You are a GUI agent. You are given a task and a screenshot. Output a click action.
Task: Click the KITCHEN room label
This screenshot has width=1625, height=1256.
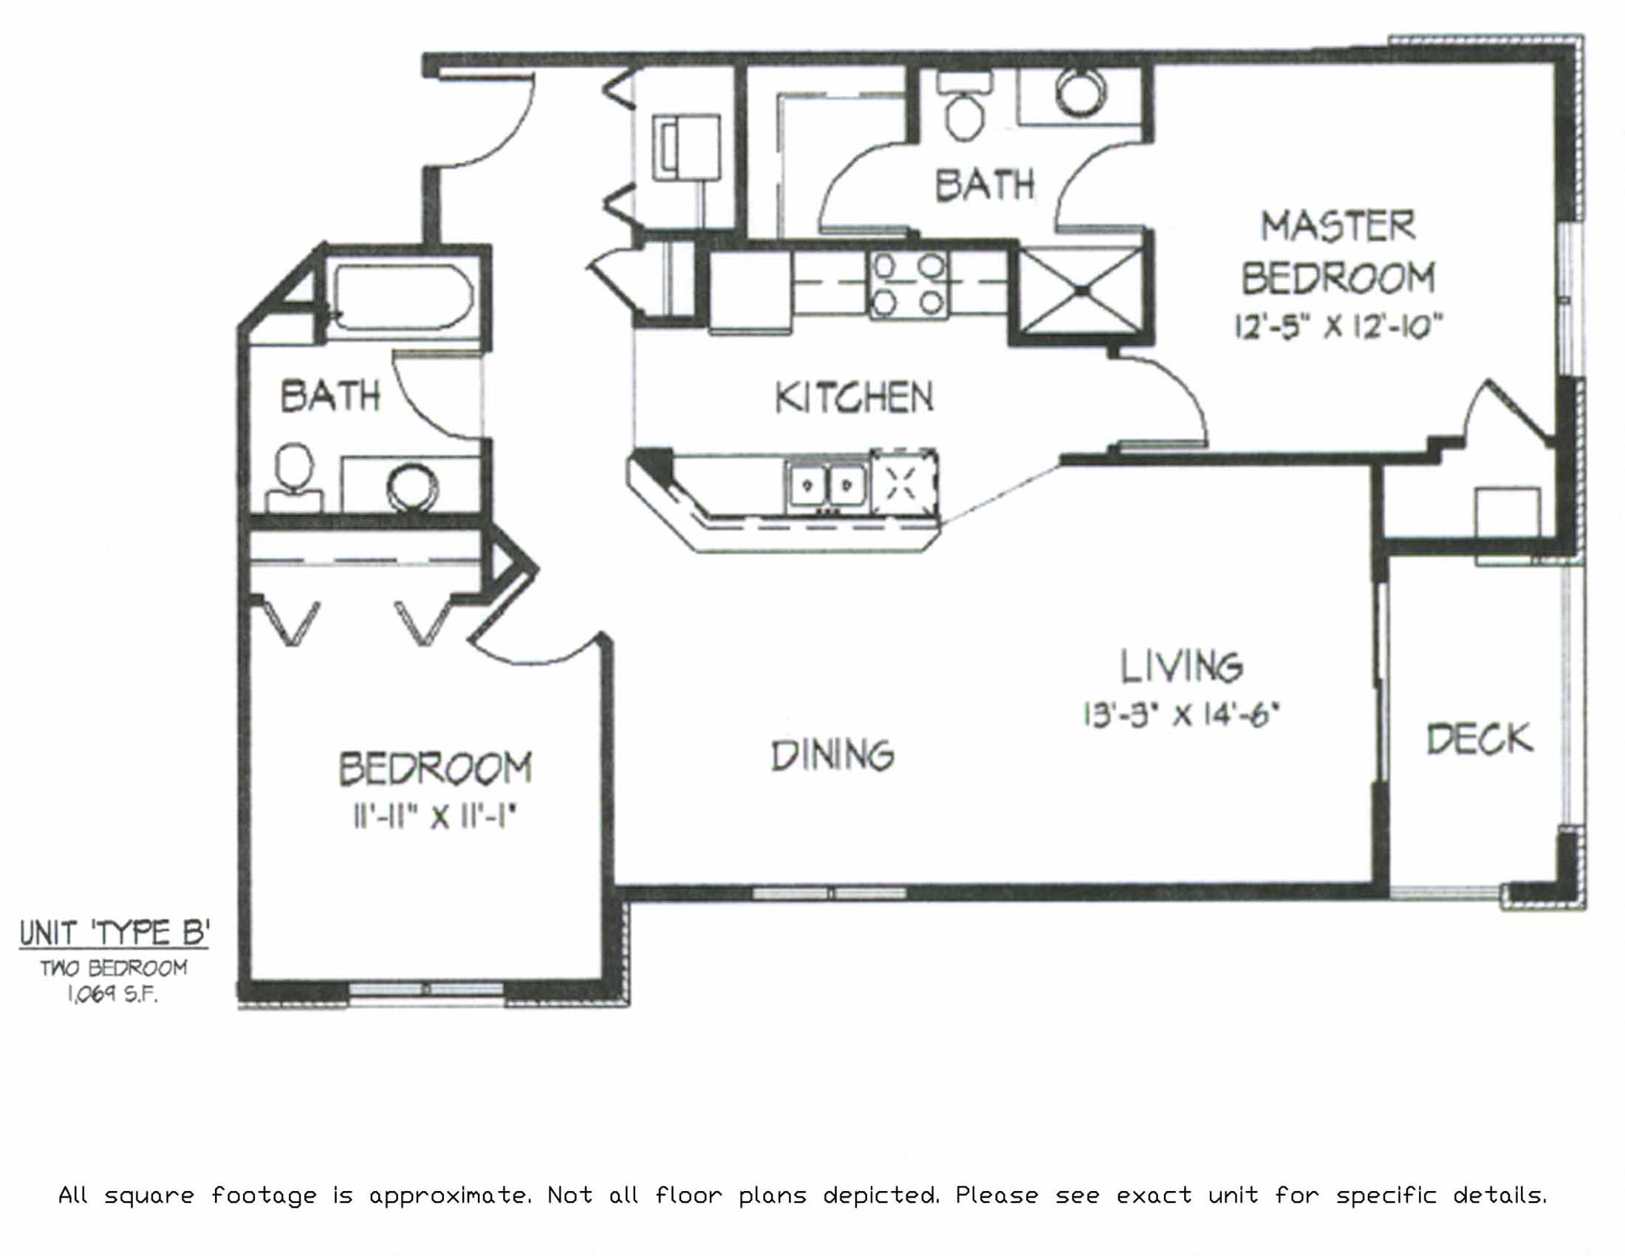click(853, 397)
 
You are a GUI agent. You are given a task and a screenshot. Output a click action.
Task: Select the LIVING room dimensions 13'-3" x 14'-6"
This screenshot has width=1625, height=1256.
click(1181, 715)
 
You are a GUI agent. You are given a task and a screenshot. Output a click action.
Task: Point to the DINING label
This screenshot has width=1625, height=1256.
click(832, 757)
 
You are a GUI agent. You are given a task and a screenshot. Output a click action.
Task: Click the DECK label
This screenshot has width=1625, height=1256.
click(1480, 739)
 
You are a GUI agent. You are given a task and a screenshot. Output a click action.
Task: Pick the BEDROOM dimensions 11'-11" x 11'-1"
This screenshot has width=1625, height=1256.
click(435, 818)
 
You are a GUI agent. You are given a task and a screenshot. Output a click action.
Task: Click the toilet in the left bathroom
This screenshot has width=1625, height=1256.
click(295, 477)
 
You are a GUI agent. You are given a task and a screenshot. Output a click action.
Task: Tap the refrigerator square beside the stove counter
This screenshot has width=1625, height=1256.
click(749, 290)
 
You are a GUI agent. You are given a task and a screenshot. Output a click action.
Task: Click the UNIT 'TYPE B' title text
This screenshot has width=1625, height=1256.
click(114, 932)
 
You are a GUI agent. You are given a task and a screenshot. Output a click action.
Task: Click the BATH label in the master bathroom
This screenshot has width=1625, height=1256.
click(985, 185)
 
